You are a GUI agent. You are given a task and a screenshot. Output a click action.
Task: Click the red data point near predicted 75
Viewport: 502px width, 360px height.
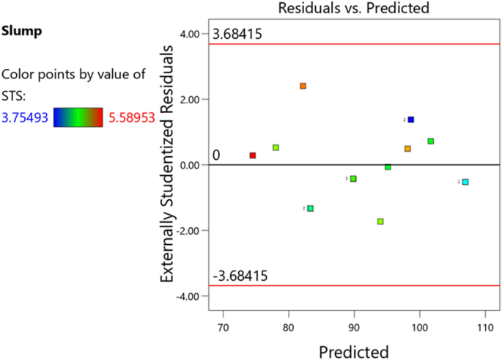pyautogui.click(x=253, y=155)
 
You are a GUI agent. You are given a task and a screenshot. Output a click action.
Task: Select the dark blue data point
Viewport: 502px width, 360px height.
pyautogui.click(x=411, y=120)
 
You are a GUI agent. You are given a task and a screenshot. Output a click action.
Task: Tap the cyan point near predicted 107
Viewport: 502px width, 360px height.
pyautogui.click(x=465, y=182)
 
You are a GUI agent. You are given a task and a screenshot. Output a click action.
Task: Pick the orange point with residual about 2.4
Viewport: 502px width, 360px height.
pyautogui.click(x=303, y=86)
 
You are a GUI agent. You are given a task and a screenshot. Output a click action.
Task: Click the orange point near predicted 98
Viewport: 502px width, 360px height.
pyautogui.click(x=407, y=149)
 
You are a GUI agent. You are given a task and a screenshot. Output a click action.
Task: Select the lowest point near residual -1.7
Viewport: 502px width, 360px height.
pyautogui.click(x=380, y=221)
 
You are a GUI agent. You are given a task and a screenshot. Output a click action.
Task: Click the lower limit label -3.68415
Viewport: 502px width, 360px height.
pyautogui.click(x=240, y=276)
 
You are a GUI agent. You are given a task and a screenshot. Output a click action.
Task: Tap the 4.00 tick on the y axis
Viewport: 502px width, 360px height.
pyautogui.click(x=189, y=34)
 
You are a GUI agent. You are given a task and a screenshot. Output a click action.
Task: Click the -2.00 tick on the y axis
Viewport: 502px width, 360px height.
pyautogui.click(x=188, y=230)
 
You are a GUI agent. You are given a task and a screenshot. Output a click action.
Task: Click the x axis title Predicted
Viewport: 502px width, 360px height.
pyautogui.click(x=353, y=351)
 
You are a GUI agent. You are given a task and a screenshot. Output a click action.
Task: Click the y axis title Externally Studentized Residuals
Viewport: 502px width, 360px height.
pyautogui.click(x=168, y=164)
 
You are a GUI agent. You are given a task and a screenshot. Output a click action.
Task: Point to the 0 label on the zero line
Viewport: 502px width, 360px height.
pyautogui.click(x=216, y=155)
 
